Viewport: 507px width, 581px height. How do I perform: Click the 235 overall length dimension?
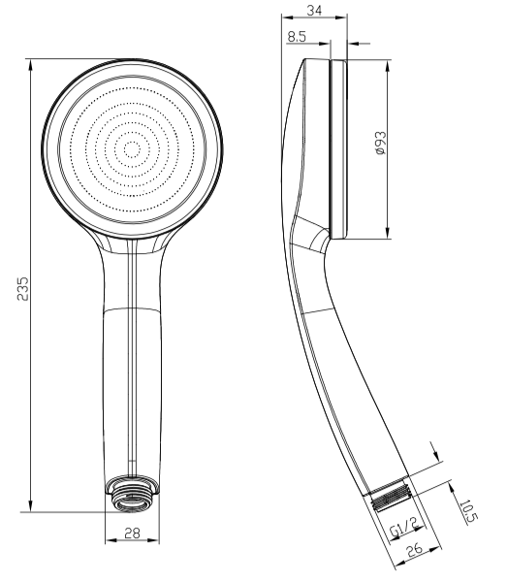(x=23, y=288)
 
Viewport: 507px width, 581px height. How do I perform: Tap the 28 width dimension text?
(x=132, y=533)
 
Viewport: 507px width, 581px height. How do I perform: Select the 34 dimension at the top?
(x=314, y=10)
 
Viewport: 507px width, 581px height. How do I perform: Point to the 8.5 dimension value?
(x=297, y=36)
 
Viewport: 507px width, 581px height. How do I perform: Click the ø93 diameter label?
(x=380, y=143)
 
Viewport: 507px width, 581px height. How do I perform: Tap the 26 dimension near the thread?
(x=414, y=550)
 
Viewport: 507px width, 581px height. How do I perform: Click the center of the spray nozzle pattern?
(x=132, y=149)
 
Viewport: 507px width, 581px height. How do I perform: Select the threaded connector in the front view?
(x=132, y=493)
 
